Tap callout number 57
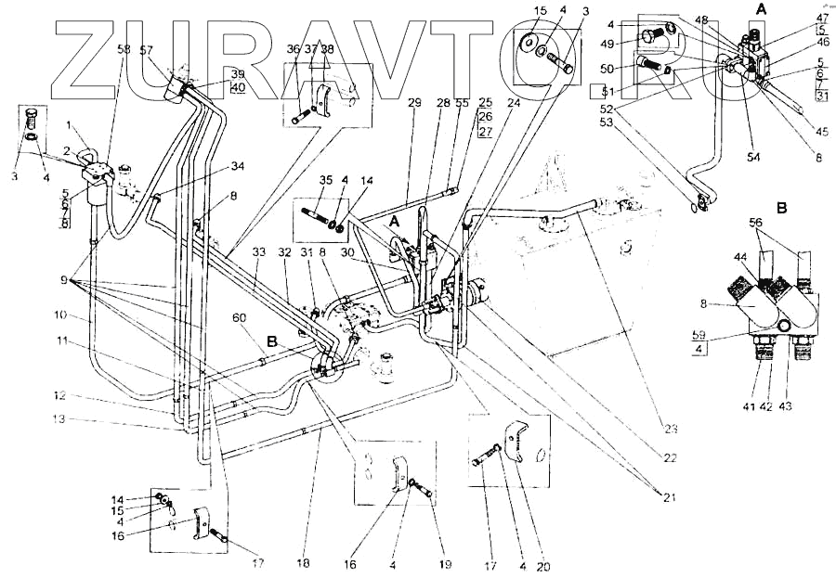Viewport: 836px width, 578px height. click(146, 49)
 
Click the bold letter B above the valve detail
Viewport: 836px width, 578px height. click(782, 208)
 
